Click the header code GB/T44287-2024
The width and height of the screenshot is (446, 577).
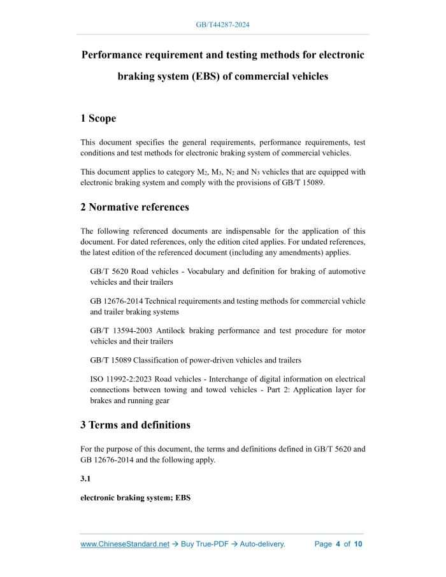tap(222, 25)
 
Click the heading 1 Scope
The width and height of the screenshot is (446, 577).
tap(98, 118)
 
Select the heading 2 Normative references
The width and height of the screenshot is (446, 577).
tap(134, 207)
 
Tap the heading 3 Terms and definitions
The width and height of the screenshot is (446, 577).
tap(135, 425)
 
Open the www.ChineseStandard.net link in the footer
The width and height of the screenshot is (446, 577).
tap(125, 544)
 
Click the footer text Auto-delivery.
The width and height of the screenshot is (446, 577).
tap(262, 544)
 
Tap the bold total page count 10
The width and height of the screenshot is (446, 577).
tap(358, 544)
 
